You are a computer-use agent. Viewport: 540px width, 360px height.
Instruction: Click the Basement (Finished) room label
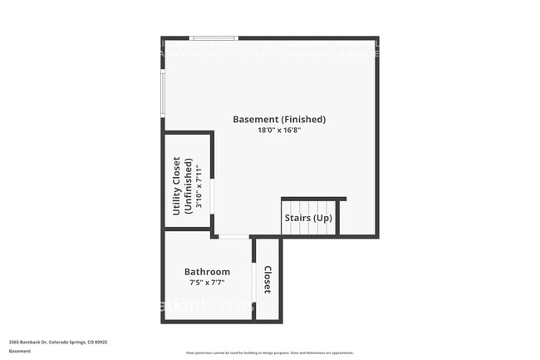pyautogui.click(x=279, y=119)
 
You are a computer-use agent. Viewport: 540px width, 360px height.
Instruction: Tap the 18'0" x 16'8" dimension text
pyautogui.click(x=278, y=131)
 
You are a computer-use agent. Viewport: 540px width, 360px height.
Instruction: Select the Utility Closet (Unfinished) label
pyautogui.click(x=182, y=186)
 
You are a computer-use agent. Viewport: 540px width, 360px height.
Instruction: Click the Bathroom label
pyautogui.click(x=207, y=272)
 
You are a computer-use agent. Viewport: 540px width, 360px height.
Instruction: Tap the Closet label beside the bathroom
pyautogui.click(x=268, y=279)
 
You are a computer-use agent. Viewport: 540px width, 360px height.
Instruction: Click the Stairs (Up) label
pyautogui.click(x=308, y=218)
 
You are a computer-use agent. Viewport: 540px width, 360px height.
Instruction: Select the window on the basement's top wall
pyautogui.click(x=214, y=38)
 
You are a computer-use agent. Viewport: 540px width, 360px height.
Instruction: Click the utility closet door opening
pyautogui.click(x=212, y=196)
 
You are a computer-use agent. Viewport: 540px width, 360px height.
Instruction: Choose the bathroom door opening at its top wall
pyautogui.click(x=234, y=237)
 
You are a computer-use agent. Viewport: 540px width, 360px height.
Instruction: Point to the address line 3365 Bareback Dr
pyautogui.click(x=58, y=342)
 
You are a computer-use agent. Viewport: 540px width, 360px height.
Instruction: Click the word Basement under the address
pyautogui.click(x=20, y=351)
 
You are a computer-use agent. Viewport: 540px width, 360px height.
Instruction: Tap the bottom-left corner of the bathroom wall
pyautogui.click(x=164, y=321)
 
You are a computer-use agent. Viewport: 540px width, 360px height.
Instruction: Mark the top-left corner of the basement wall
pyautogui.click(x=164, y=38)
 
